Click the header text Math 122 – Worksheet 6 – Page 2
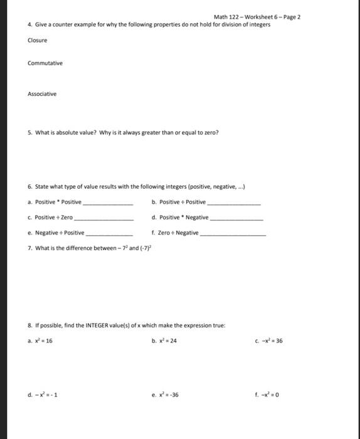coord(257,17)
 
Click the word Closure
coord(38,40)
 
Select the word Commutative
coord(45,63)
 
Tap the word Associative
coord(42,94)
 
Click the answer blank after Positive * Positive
coord(108,204)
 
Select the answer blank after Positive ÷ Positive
coord(234,204)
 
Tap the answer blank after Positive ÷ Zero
coord(103,218)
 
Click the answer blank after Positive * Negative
coord(238,218)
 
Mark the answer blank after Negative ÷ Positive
coord(109,233)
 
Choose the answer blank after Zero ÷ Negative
coord(233,233)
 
